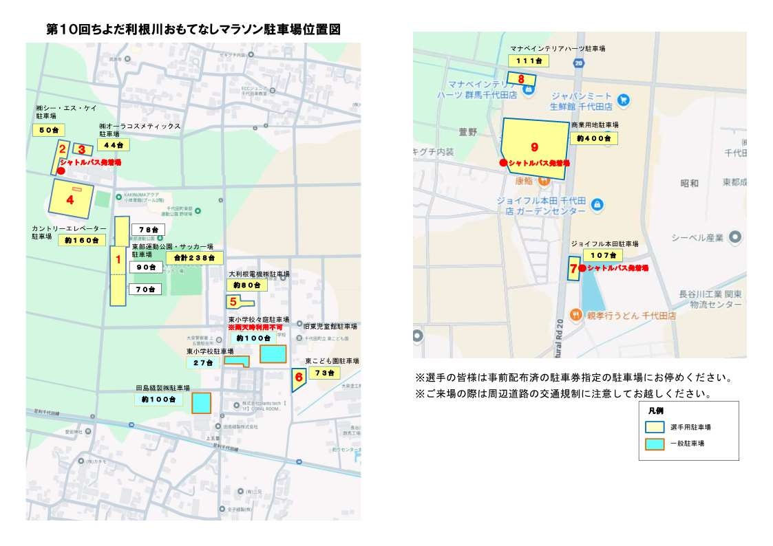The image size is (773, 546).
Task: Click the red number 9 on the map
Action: click(x=534, y=147)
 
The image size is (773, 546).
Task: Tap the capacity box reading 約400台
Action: click(x=593, y=138)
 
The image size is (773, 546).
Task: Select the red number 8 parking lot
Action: click(x=521, y=79)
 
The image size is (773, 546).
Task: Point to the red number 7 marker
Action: click(x=573, y=268)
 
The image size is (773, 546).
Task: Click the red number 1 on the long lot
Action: click(x=118, y=260)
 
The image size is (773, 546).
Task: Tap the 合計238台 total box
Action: click(x=195, y=258)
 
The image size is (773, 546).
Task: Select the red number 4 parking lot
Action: click(x=70, y=200)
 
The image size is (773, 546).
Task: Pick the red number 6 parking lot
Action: click(x=298, y=377)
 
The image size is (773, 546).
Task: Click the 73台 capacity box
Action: click(x=324, y=373)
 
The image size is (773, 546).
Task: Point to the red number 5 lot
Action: click(x=233, y=301)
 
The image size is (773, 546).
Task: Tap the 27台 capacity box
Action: click(x=202, y=362)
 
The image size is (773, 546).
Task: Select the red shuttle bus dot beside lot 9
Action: click(x=504, y=163)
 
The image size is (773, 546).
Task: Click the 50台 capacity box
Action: click(x=49, y=130)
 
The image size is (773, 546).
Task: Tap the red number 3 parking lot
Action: click(x=82, y=149)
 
